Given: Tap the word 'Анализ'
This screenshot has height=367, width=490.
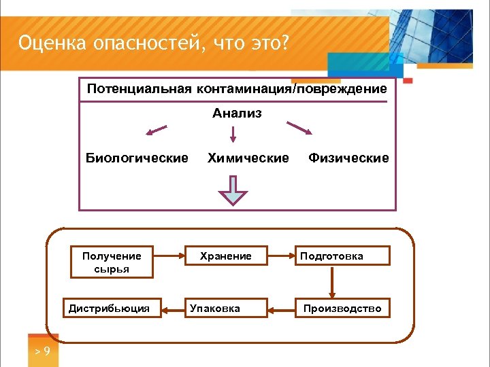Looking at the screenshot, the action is coord(236,113).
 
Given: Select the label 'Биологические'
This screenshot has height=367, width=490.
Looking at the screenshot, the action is coord(137,158).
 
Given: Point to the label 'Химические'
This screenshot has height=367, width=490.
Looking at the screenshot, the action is coord(248,158).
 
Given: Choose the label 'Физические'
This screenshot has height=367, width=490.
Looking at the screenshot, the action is coord(348,158).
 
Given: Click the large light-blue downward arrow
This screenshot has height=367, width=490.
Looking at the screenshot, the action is coord(233,191).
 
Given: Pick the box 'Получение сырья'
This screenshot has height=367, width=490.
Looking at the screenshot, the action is coord(112,262).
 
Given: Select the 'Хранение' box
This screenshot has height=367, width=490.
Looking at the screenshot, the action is coord(225,256).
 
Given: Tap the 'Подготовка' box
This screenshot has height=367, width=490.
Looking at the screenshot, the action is coord(342,256).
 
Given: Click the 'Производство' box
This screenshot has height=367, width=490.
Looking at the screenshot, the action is coord(342,309).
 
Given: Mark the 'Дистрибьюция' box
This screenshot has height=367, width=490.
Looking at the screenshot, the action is coord(109,309).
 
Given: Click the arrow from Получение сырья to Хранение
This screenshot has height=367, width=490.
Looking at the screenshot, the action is coord(170,256).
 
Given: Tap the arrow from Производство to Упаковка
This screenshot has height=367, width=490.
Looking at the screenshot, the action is coord(280,309).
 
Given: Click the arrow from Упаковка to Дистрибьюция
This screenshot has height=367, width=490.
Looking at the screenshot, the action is coord(169,309).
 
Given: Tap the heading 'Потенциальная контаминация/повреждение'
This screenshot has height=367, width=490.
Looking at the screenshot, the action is coord(237,89).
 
